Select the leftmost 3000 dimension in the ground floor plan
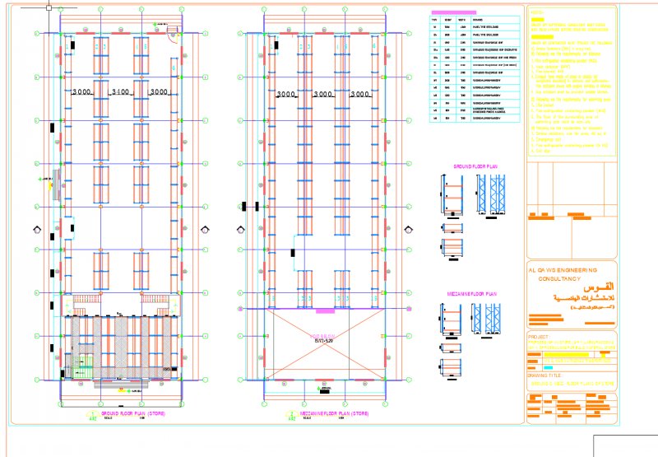point(83,91)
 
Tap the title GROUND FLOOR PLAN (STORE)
point(132,413)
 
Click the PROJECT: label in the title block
point(538,337)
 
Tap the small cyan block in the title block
point(548,365)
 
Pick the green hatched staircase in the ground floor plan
point(81,366)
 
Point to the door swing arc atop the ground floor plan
point(173,34)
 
